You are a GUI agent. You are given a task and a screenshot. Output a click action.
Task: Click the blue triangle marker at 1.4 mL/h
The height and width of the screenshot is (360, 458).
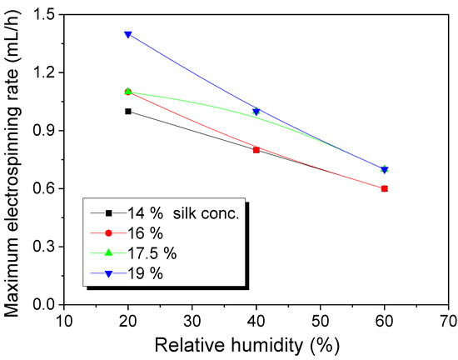click(x=127, y=34)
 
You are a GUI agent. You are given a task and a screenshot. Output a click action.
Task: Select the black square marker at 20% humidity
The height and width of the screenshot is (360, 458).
click(x=127, y=111)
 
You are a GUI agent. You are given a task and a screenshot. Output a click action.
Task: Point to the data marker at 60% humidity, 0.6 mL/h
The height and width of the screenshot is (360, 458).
click(x=385, y=188)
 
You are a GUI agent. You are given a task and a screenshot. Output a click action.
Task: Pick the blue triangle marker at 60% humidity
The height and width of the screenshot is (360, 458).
click(x=385, y=169)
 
